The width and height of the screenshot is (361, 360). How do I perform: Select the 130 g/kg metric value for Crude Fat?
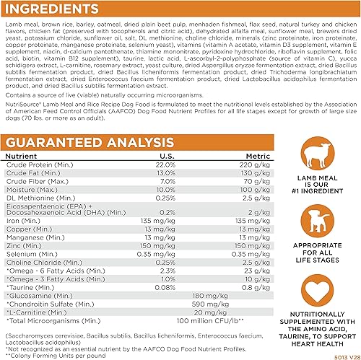[x=250, y=173]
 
